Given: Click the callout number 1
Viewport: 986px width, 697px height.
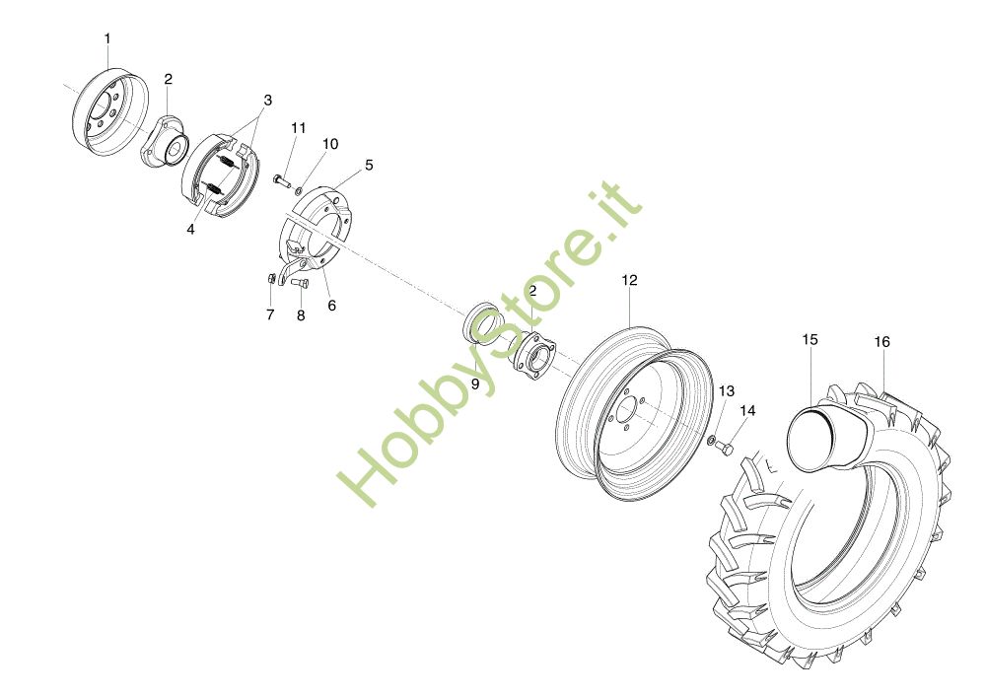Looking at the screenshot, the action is pyautogui.click(x=107, y=39).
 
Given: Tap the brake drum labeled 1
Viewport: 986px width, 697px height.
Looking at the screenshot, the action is pyautogui.click(x=110, y=112).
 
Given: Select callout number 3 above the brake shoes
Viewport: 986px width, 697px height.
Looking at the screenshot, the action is pyautogui.click(x=268, y=101).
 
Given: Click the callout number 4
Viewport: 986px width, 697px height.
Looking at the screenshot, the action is pyautogui.click(x=190, y=230).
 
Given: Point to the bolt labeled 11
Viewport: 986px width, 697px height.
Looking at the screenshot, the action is pyautogui.click(x=282, y=181).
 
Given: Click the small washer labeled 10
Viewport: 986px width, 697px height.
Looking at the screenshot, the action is pyautogui.click(x=300, y=190).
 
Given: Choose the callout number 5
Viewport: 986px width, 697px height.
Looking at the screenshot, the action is pyautogui.click(x=369, y=166).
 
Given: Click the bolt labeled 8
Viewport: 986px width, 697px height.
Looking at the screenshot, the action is pyautogui.click(x=300, y=283).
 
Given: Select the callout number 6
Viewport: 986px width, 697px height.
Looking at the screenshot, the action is pyautogui.click(x=332, y=306).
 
